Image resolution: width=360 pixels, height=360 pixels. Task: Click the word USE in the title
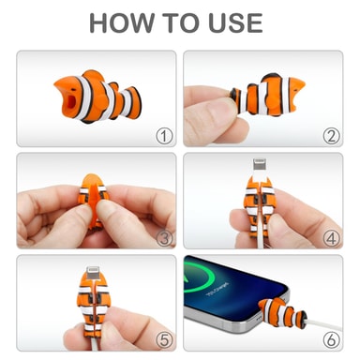(x=236, y=23)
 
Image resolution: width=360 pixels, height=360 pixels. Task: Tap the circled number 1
(x=164, y=136)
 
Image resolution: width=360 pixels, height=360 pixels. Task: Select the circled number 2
(x=331, y=136)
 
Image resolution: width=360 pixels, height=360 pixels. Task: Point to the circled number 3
(x=164, y=238)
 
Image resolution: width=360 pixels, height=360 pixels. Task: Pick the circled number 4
(x=331, y=238)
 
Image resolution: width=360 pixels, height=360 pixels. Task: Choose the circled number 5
(x=164, y=340)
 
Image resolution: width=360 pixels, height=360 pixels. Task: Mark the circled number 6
(x=331, y=340)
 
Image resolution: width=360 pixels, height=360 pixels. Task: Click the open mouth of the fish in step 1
(x=71, y=102)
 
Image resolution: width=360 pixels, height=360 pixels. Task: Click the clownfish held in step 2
(x=267, y=95)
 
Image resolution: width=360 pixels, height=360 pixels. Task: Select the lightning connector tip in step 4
(x=260, y=165)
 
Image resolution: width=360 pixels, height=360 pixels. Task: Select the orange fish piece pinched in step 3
(x=94, y=201)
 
